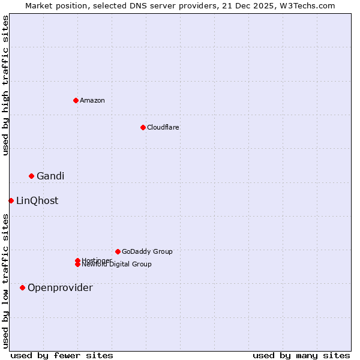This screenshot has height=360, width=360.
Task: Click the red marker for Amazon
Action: [76, 100]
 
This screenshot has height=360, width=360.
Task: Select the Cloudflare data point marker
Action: [143, 127]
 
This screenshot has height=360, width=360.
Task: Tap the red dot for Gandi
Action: [31, 176]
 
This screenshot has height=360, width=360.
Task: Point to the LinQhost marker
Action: [11, 200]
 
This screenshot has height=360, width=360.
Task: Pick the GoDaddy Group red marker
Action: [118, 251]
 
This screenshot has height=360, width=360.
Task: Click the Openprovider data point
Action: [23, 287]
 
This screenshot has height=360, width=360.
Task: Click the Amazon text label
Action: [92, 100]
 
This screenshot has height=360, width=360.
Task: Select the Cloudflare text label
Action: [163, 127]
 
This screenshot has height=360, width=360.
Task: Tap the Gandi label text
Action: [50, 176]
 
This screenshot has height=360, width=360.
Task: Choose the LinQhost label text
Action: [37, 201]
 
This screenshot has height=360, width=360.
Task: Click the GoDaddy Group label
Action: [147, 251]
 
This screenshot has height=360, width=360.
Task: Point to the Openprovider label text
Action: [60, 288]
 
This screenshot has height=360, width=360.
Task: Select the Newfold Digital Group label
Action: [117, 265]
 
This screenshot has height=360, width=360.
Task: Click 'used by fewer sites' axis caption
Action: [62, 355]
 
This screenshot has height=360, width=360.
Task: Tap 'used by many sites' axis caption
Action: [301, 355]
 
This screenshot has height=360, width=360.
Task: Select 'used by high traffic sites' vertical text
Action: [5, 85]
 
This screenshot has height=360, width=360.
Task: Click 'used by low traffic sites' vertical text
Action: [5, 281]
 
